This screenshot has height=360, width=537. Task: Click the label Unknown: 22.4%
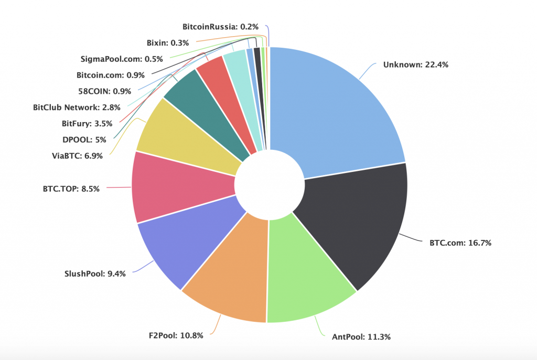tap(415, 65)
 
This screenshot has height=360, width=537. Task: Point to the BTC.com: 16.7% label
tap(460, 243)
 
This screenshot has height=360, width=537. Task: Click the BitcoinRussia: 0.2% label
tap(221, 26)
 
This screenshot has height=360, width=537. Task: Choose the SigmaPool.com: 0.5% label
tap(122, 59)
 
